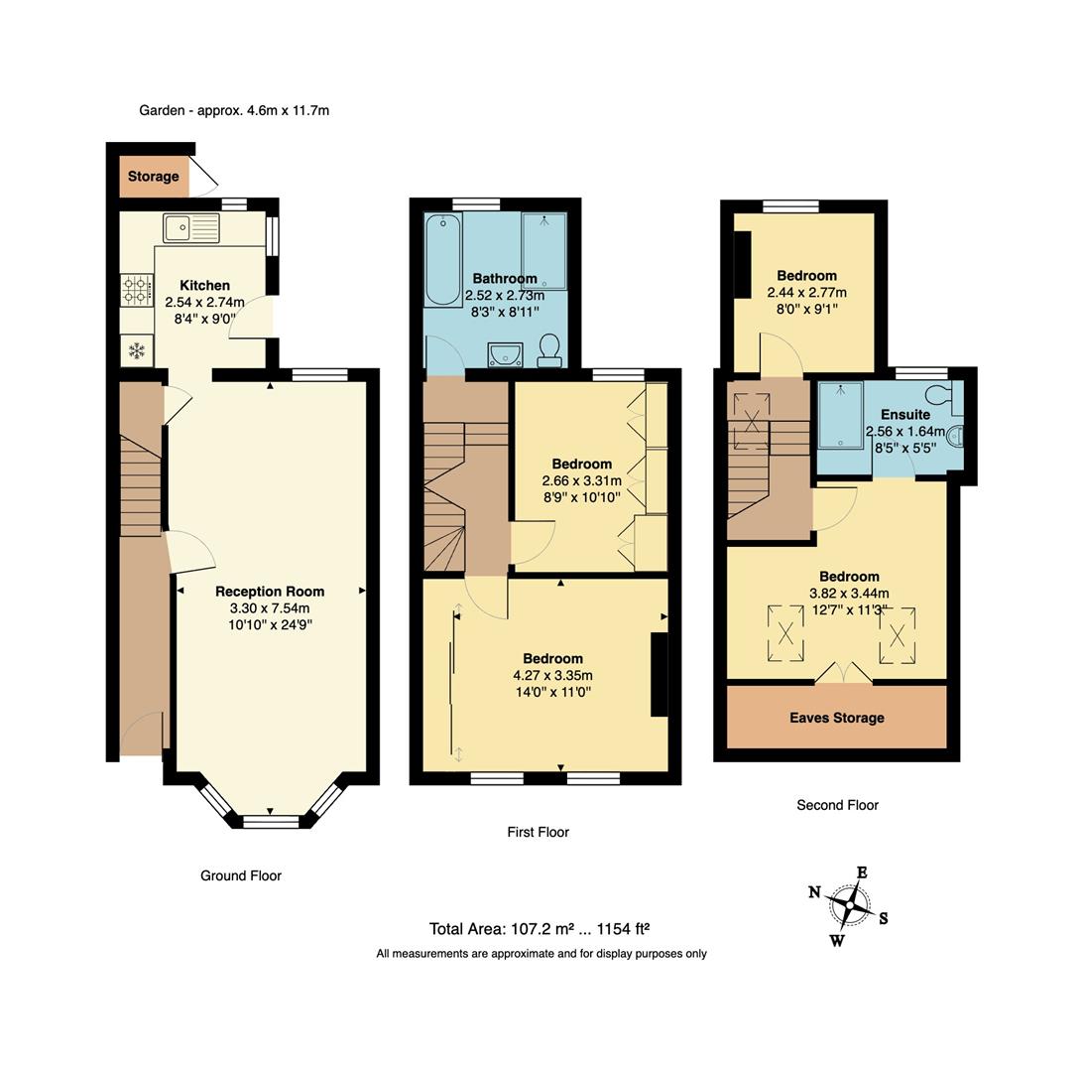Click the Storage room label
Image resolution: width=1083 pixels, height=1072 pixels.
(x=154, y=177)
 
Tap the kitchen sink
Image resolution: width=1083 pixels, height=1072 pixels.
(x=191, y=228)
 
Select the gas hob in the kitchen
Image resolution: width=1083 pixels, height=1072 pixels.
(x=134, y=289)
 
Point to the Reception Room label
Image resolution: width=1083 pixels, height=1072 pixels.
(x=270, y=592)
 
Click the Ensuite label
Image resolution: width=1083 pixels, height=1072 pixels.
(x=904, y=414)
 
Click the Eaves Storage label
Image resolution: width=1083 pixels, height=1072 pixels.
(x=836, y=718)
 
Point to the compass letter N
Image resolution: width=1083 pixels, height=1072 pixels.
(x=814, y=892)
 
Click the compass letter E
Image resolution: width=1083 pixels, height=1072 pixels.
(x=862, y=872)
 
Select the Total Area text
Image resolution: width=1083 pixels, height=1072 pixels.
(x=539, y=930)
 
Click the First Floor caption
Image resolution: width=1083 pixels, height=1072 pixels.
(x=539, y=832)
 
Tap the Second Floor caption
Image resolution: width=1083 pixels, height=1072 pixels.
(x=837, y=805)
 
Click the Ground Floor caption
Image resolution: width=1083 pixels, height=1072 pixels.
(x=241, y=875)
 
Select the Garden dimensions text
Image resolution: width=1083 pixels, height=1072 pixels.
(x=234, y=110)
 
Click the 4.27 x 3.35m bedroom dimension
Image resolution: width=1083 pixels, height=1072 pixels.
(x=552, y=676)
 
